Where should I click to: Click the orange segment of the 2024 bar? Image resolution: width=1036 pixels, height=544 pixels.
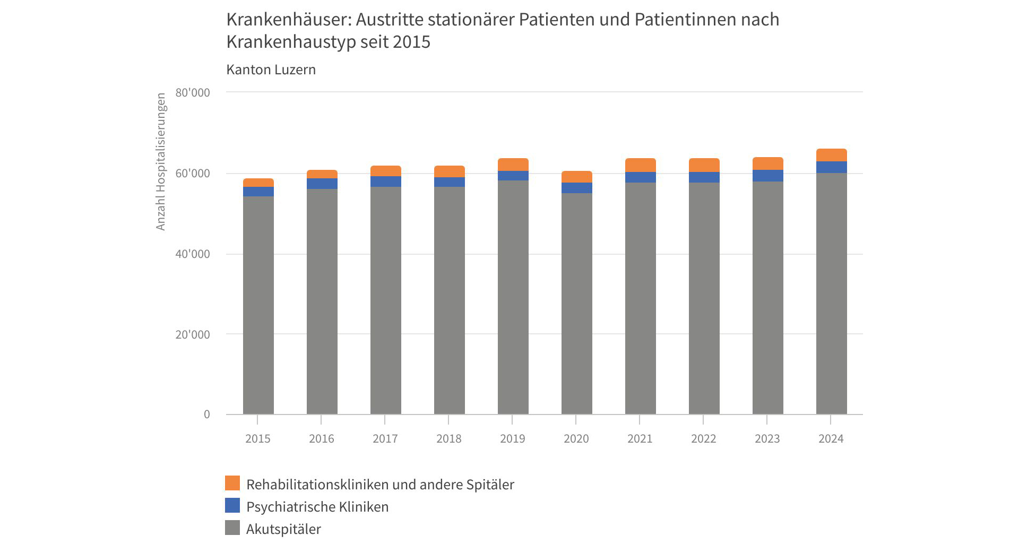point(831,155)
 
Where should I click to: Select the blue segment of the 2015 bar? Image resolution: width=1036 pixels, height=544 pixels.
point(258,192)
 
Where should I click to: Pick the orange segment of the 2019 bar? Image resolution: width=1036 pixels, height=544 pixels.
point(513,165)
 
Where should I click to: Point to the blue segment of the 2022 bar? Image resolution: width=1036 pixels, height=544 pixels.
point(704,177)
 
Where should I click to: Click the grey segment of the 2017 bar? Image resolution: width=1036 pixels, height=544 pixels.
point(386,300)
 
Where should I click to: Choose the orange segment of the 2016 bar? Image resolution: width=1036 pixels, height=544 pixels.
point(322,174)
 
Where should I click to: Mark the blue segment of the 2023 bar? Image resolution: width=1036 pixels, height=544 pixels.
point(768,176)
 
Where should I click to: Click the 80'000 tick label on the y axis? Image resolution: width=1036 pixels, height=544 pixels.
point(193,93)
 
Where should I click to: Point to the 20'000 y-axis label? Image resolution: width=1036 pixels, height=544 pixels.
point(193,335)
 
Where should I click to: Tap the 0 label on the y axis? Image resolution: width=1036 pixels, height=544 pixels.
point(207,415)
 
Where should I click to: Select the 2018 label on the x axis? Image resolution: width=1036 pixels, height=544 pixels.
point(449,439)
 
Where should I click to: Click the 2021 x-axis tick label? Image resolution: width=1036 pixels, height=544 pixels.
point(640,439)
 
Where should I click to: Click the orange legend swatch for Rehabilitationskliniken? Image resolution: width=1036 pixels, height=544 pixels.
point(232,483)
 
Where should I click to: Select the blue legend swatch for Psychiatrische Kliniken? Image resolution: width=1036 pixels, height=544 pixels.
point(232,505)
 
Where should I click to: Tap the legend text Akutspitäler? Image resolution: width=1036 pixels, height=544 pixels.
point(283,529)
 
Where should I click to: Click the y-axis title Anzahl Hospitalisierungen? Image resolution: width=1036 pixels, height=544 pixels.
point(161,162)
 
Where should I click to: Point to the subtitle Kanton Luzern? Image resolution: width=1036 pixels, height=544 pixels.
point(271,70)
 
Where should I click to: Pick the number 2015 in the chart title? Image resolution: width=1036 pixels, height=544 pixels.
point(411,42)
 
